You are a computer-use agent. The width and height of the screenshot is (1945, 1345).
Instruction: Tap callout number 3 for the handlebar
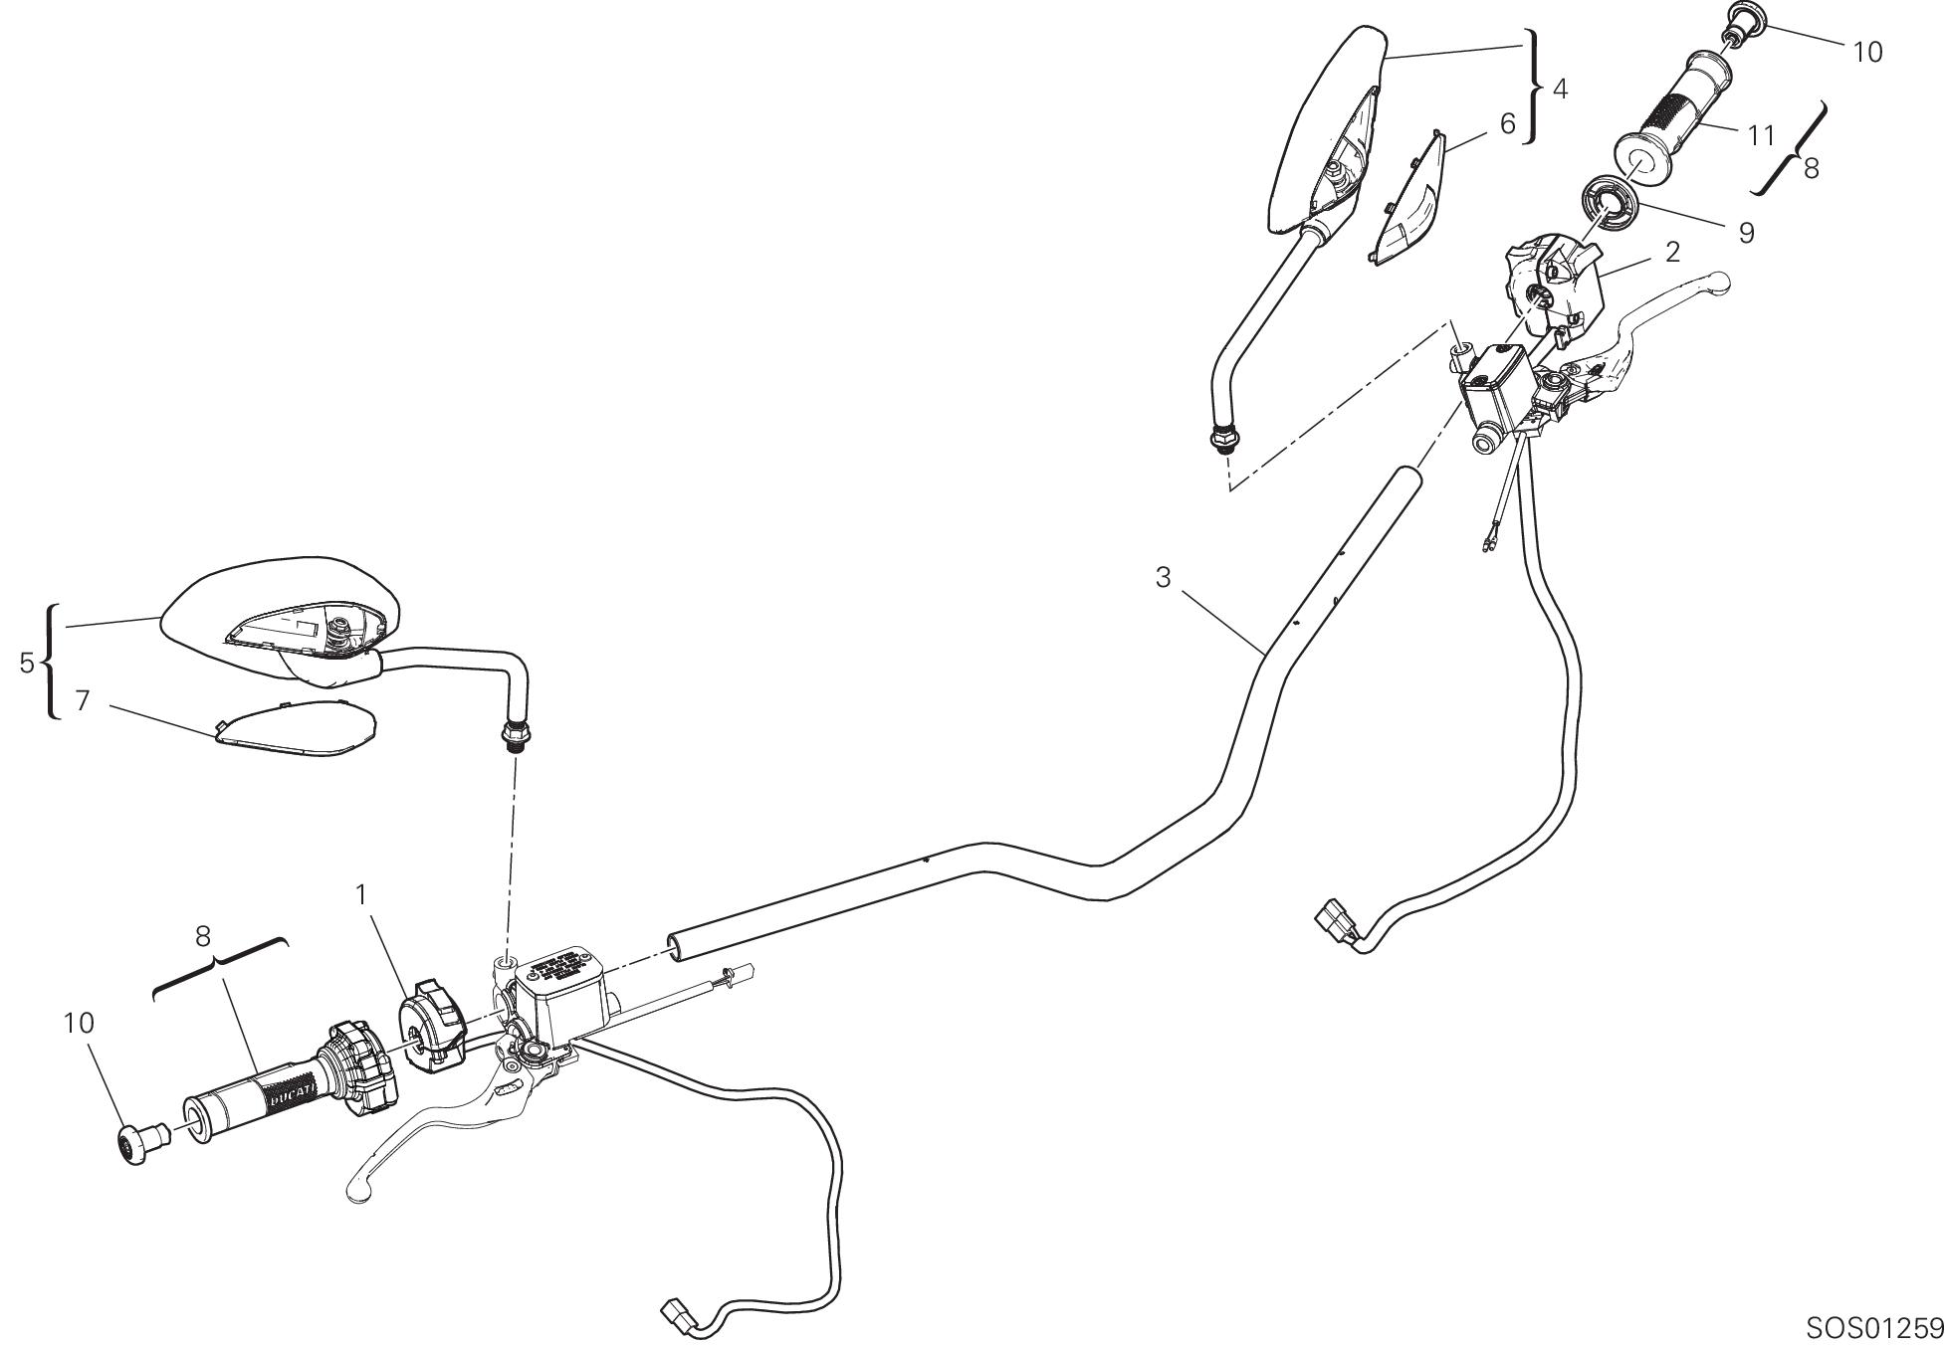(1164, 577)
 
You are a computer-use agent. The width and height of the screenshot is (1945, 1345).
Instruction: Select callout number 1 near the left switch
(363, 895)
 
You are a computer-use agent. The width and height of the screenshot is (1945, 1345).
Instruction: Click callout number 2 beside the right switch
(1672, 253)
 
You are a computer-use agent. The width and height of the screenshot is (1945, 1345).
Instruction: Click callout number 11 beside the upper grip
(1761, 134)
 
